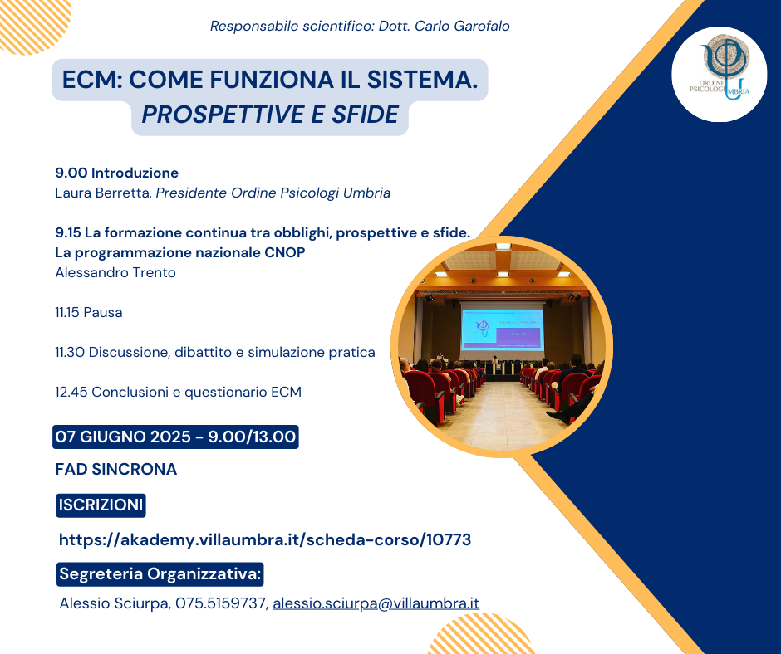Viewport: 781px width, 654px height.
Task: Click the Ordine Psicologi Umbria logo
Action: click(x=720, y=74)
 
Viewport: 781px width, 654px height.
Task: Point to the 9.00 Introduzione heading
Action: click(x=116, y=173)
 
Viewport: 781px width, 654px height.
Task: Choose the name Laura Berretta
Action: click(x=102, y=193)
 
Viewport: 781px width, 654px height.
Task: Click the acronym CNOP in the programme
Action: click(x=284, y=252)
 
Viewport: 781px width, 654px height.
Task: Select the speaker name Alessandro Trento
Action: click(x=115, y=272)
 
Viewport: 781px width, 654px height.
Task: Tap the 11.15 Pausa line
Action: click(x=89, y=312)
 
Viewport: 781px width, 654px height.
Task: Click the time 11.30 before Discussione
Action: click(x=70, y=352)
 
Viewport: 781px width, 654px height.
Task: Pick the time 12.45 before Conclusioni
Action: click(x=71, y=392)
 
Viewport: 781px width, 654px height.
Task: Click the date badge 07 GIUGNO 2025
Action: click(x=175, y=437)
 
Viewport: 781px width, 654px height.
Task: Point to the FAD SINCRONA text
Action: click(x=116, y=469)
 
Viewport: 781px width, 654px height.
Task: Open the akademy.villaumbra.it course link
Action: click(x=265, y=539)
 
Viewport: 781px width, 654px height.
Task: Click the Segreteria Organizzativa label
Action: click(x=160, y=573)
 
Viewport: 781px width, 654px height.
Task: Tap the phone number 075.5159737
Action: click(x=222, y=603)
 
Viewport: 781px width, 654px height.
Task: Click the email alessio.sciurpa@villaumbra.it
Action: click(x=376, y=603)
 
